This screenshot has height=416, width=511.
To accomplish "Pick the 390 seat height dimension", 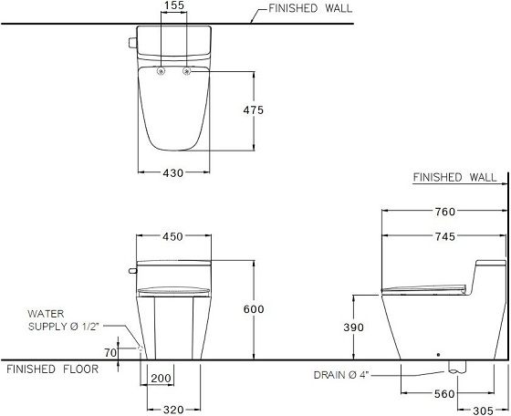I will click(x=356, y=328).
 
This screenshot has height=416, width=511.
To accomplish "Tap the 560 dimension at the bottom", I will click(x=444, y=396).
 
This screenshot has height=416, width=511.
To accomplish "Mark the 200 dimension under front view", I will click(x=161, y=378).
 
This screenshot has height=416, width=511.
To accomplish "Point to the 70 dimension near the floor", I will click(x=110, y=351).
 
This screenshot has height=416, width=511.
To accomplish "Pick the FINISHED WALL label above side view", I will click(x=455, y=177).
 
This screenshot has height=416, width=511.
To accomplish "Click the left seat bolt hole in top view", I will click(x=162, y=71).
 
